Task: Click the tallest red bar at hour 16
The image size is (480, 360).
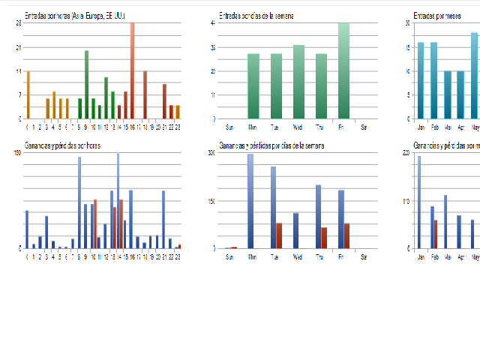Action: [132, 70]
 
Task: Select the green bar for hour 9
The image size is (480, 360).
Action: [86, 85]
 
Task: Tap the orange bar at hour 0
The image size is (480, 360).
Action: [28, 95]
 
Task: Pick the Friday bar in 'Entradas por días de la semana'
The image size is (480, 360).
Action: [343, 70]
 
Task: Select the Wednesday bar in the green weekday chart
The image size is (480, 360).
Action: [298, 82]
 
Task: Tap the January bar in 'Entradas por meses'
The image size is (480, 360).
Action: [421, 80]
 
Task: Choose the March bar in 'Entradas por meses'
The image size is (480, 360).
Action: [447, 94]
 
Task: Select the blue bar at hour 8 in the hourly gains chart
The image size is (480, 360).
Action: [79, 202]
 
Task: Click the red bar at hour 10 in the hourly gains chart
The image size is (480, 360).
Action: [95, 223]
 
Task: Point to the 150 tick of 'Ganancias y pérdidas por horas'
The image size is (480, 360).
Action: [17, 153]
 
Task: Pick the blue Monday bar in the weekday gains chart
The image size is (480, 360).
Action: [250, 201]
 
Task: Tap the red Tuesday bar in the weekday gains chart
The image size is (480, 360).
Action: [279, 235]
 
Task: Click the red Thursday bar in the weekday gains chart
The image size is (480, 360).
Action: [324, 238]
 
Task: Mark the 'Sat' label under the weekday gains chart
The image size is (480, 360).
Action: [364, 255]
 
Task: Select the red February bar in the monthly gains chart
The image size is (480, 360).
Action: [435, 234]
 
